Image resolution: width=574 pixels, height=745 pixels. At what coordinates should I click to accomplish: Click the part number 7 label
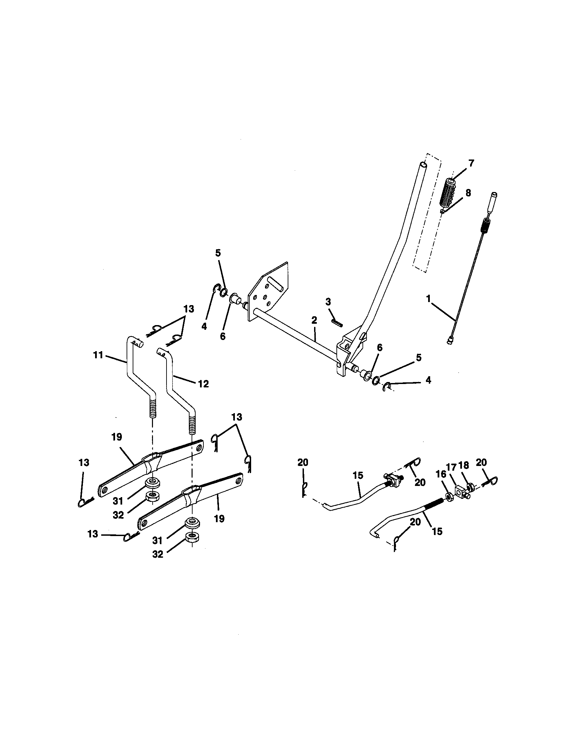click(x=471, y=164)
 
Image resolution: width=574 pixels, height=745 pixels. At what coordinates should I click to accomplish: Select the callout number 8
click(x=468, y=193)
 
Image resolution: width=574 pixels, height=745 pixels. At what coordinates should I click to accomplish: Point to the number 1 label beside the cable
click(x=428, y=299)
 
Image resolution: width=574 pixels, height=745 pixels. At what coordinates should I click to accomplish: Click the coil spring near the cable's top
click(x=484, y=226)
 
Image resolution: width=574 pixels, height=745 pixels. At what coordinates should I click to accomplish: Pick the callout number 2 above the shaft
click(x=314, y=320)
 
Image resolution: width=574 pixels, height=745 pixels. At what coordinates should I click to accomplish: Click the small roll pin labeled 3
click(x=337, y=322)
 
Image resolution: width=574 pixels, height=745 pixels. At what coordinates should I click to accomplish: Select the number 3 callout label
click(x=328, y=301)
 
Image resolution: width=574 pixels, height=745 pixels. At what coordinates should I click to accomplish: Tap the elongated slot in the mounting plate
click(x=275, y=283)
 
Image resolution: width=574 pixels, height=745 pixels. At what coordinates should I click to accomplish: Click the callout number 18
click(x=464, y=465)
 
